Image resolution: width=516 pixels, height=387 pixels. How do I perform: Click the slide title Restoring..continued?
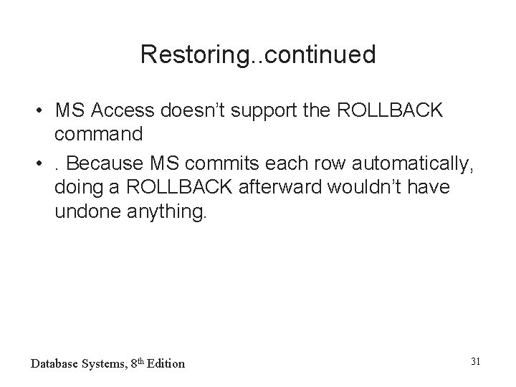tap(258, 55)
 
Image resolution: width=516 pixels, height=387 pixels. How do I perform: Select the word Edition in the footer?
tap(164, 363)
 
